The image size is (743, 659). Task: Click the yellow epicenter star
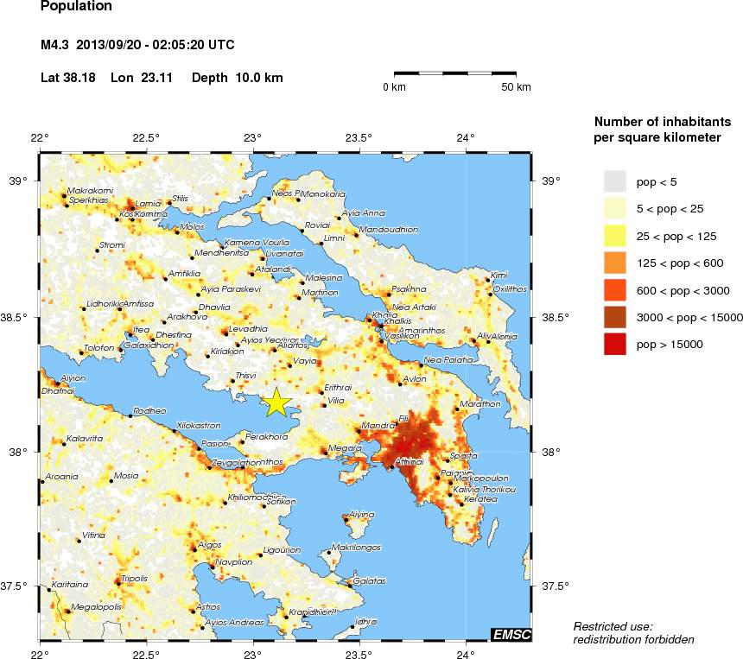276,402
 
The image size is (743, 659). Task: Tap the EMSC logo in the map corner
511,635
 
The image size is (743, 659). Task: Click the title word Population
76,7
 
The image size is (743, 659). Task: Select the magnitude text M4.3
57,45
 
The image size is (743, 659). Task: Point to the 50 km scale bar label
517,87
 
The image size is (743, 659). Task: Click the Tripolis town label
135,578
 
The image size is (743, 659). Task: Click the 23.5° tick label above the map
359,136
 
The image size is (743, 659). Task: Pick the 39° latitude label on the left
19,181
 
